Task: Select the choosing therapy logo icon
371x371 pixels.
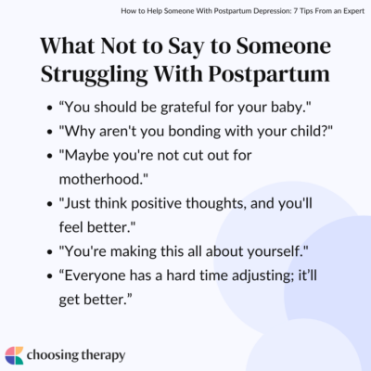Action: coord(16,354)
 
